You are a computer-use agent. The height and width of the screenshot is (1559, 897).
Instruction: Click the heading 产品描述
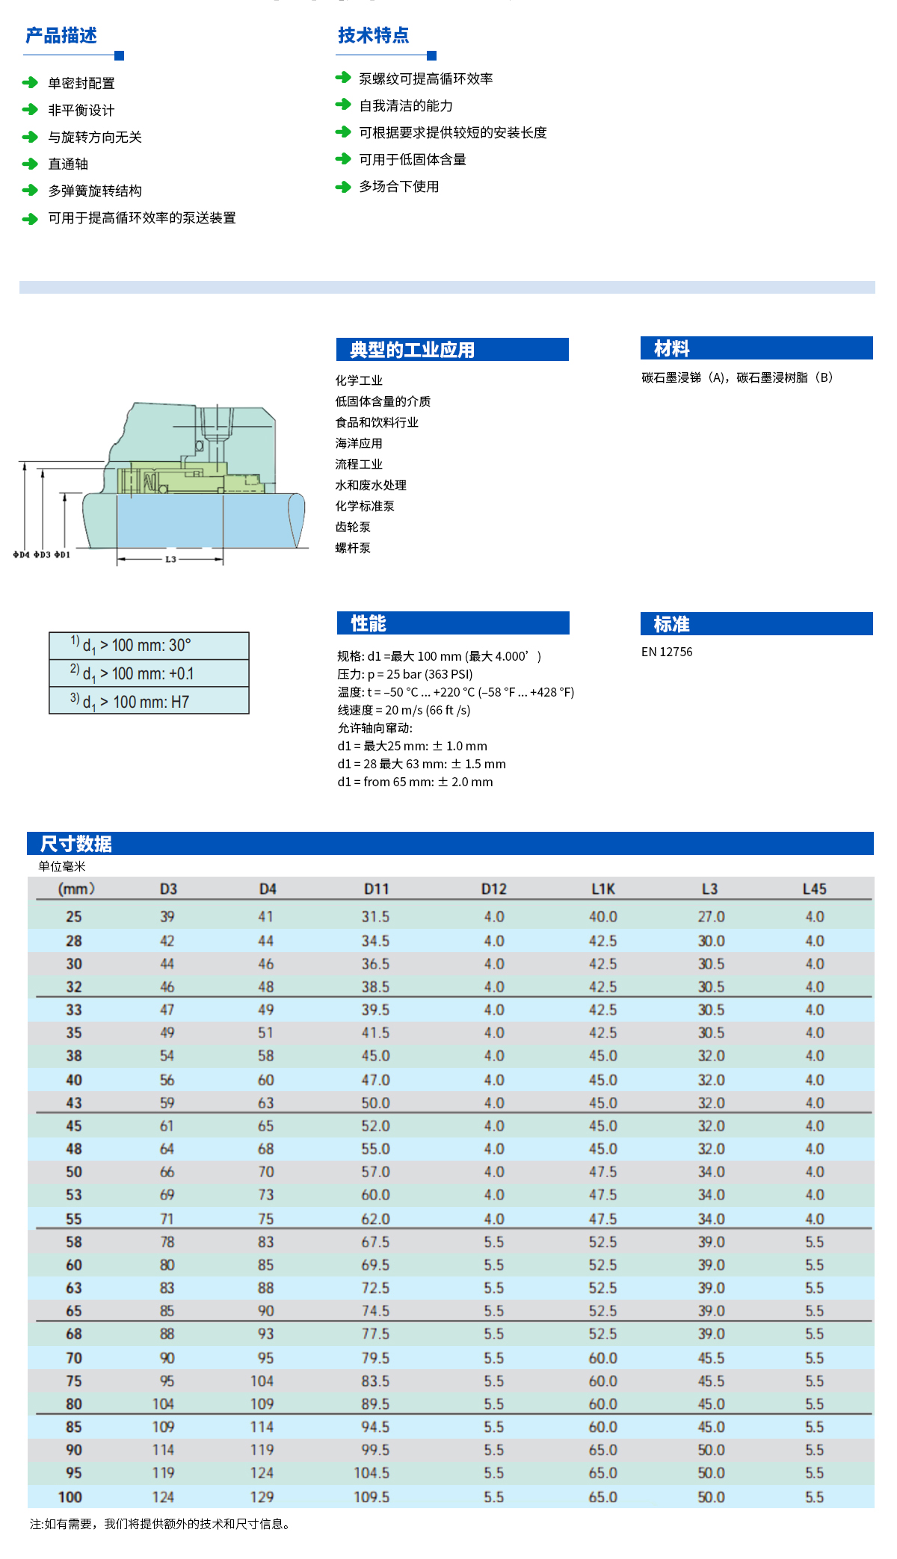pyautogui.click(x=61, y=36)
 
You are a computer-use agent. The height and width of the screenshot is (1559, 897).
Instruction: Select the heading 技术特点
pyautogui.click(x=373, y=36)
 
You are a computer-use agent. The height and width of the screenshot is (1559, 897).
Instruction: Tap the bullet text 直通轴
pyautogui.click(x=68, y=164)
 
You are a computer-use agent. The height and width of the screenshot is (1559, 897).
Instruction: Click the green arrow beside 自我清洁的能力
pyautogui.click(x=343, y=105)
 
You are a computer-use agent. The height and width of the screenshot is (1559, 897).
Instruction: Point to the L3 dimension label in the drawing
pyautogui.click(x=170, y=559)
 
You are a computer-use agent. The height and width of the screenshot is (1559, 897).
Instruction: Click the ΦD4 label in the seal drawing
pyautogui.click(x=21, y=555)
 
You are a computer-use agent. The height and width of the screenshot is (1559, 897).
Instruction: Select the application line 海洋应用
pyautogui.click(x=359, y=443)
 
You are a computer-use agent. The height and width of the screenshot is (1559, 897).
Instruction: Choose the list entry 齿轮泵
pyautogui.click(x=353, y=527)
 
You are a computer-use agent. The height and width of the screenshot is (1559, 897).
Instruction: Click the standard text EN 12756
pyautogui.click(x=667, y=652)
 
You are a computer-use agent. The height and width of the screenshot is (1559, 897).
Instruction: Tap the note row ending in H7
pyautogui.click(x=149, y=701)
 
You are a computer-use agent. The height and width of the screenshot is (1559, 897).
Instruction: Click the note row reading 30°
pyautogui.click(x=149, y=646)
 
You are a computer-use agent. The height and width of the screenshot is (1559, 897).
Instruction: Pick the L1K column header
pyautogui.click(x=602, y=889)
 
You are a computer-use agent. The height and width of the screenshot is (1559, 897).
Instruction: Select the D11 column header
pyautogui.click(x=376, y=889)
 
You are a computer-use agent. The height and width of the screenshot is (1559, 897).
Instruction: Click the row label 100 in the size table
pyautogui.click(x=70, y=1496)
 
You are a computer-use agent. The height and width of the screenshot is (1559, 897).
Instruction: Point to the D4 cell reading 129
pyautogui.click(x=262, y=1496)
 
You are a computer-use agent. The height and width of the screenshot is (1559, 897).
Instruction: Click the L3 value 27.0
pyautogui.click(x=711, y=916)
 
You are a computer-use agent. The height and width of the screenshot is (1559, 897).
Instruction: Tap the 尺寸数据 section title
pyautogui.click(x=76, y=844)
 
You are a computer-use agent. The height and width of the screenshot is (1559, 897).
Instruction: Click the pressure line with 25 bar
pyautogui.click(x=404, y=674)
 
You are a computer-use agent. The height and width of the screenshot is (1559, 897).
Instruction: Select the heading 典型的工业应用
pyautogui.click(x=412, y=350)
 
